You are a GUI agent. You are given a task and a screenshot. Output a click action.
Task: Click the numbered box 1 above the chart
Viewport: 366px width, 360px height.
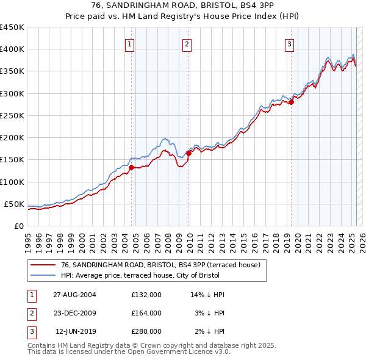[x=131, y=43]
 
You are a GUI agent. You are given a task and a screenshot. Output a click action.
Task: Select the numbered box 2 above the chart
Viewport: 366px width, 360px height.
[x=186, y=43]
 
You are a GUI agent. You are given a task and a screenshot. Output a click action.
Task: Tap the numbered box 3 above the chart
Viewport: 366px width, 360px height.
[x=289, y=43]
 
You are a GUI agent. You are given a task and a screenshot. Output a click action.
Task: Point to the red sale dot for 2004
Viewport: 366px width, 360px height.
[x=131, y=167]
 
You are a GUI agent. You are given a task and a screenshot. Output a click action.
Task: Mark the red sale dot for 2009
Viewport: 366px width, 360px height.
[x=189, y=153]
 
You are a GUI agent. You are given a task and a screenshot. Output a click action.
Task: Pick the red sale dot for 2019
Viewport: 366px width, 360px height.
[x=292, y=102]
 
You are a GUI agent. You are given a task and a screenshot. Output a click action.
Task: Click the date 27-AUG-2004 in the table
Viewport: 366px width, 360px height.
[x=76, y=294]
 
